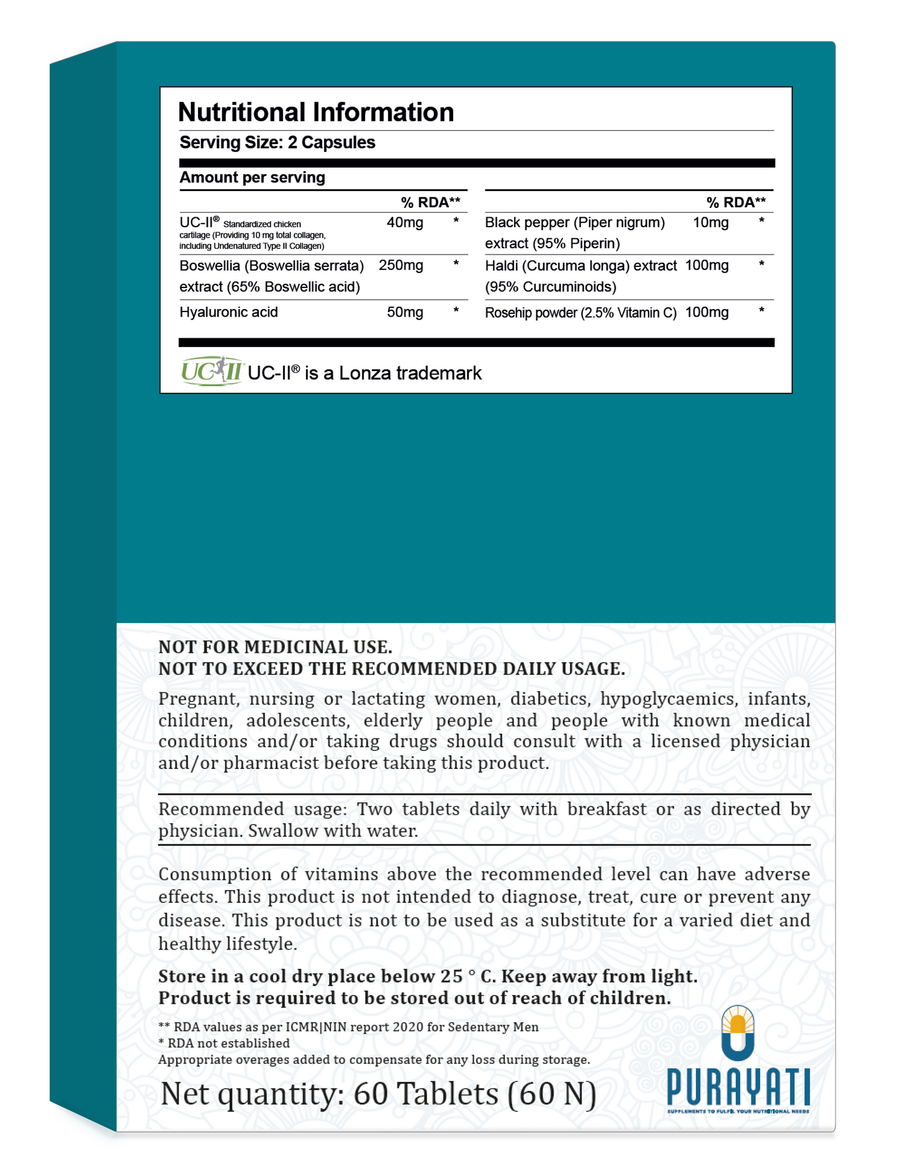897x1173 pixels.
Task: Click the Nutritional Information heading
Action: [315, 112]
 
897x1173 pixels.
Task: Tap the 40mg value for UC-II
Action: [405, 223]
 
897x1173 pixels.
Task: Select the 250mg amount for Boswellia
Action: [401, 266]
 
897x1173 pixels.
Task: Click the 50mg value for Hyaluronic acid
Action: [405, 312]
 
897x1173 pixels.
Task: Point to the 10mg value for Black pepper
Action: [710, 223]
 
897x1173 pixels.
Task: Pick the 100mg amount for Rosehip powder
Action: [706, 312]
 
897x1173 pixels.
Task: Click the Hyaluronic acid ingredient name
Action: [228, 312]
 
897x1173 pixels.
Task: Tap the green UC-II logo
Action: [211, 371]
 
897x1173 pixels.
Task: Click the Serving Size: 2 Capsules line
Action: [277, 143]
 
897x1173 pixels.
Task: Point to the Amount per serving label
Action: [252, 178]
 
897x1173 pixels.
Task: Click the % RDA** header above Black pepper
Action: [736, 202]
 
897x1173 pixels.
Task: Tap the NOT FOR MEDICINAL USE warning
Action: [275, 647]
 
